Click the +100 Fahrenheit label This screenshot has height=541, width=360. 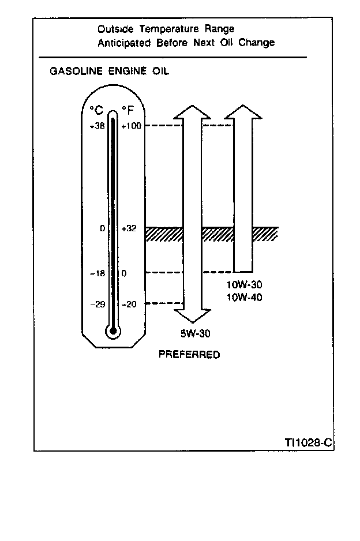(x=132, y=126)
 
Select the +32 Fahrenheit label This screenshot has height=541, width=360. (x=129, y=228)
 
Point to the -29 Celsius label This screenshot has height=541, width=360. (x=97, y=304)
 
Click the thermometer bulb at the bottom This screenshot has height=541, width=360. (x=112, y=331)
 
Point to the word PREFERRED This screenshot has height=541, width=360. (x=189, y=355)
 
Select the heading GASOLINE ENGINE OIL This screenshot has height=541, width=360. (x=110, y=72)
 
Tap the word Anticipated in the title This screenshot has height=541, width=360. (x=124, y=43)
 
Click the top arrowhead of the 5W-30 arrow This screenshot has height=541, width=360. (x=192, y=112)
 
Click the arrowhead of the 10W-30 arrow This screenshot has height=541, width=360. (x=242, y=111)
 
